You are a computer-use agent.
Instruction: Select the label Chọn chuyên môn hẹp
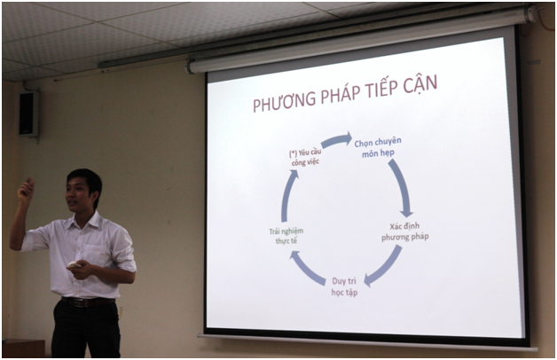pyautogui.click(x=378, y=147)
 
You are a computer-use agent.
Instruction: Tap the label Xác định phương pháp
pyautogui.click(x=405, y=231)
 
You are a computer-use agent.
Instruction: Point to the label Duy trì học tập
pyautogui.click(x=344, y=286)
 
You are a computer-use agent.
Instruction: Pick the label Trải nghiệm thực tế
pyautogui.click(x=286, y=236)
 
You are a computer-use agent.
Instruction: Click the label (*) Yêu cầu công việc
pyautogui.click(x=305, y=157)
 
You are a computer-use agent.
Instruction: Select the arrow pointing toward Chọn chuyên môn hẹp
pyautogui.click(x=337, y=140)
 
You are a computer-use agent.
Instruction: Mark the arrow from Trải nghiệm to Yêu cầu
pyautogui.click(x=287, y=195)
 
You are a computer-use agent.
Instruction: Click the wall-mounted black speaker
pyautogui.click(x=28, y=114)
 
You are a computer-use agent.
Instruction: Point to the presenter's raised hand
pyautogui.click(x=26, y=192)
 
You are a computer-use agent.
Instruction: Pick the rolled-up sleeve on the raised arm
pyautogui.click(x=35, y=239)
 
